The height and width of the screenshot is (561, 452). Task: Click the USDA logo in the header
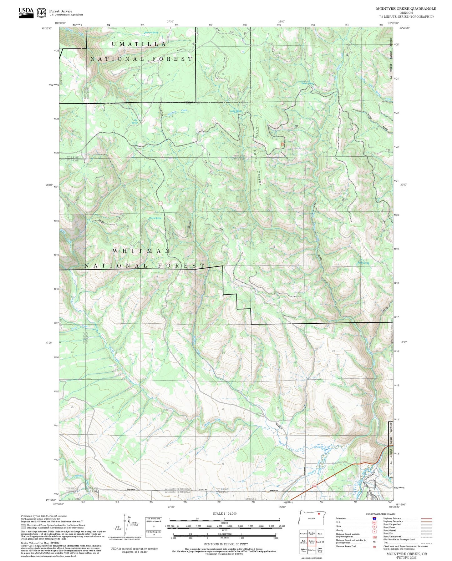[26, 12]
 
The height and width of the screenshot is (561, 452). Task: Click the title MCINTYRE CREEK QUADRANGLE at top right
[406, 9]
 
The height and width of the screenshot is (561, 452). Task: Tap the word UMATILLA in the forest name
[139, 44]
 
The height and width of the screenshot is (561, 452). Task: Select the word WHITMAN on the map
[141, 251]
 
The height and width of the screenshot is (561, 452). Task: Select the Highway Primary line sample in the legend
[426, 518]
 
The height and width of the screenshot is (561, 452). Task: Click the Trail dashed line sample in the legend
[426, 543]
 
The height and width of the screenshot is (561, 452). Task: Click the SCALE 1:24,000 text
[224, 513]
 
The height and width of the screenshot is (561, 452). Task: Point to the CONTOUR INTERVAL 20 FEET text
[224, 544]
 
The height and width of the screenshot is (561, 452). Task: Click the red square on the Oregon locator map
[318, 513]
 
